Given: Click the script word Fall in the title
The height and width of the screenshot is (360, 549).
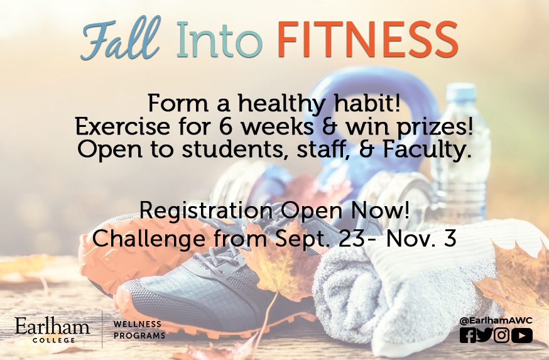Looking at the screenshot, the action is pyautogui.click(x=121, y=38).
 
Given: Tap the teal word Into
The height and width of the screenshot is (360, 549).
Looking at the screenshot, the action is pyautogui.click(x=219, y=39).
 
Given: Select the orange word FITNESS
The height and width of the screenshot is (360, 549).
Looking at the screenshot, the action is pyautogui.click(x=367, y=39).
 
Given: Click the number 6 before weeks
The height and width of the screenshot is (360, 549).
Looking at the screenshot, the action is pyautogui.click(x=226, y=126).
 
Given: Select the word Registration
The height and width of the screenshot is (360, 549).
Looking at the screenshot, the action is pyautogui.click(x=206, y=211).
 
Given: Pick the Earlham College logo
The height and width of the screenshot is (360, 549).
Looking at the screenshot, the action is pyautogui.click(x=52, y=330).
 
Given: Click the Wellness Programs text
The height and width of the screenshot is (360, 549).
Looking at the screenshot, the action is pyautogui.click(x=139, y=330).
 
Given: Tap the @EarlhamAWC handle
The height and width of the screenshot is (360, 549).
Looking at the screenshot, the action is pyautogui.click(x=496, y=320).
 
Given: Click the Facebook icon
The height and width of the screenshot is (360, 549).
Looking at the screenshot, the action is pyautogui.click(x=468, y=335).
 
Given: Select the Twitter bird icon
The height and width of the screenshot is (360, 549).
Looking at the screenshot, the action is pyautogui.click(x=484, y=335).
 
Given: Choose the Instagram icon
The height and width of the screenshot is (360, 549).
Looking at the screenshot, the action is pyautogui.click(x=501, y=335).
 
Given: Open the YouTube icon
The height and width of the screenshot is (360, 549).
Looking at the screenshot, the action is pyautogui.click(x=522, y=335).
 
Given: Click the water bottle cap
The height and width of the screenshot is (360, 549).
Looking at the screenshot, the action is pyautogui.click(x=460, y=90).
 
